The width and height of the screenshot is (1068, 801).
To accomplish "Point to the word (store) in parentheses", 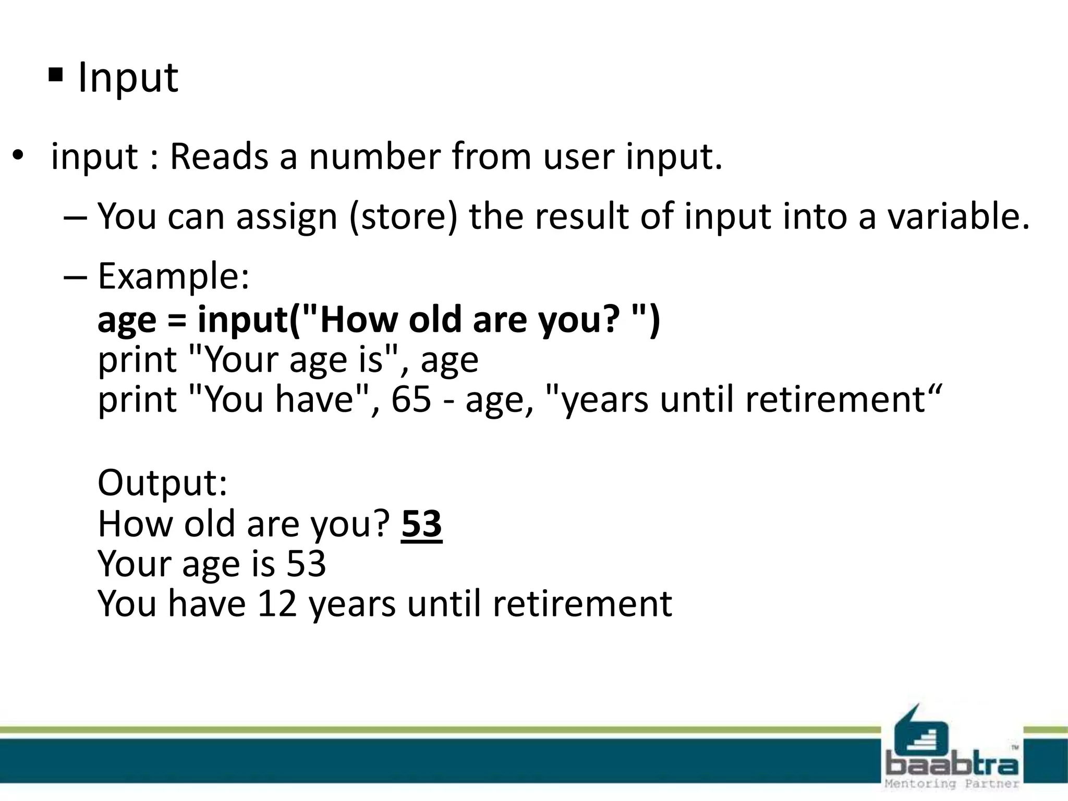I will (403, 216).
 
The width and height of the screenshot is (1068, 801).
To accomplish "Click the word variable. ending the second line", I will (958, 216).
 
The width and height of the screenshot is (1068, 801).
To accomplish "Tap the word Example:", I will (174, 276).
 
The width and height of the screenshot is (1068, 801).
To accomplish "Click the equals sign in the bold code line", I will (177, 320).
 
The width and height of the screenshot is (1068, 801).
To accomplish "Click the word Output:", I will (163, 482).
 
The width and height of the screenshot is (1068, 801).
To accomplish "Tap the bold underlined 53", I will (421, 524).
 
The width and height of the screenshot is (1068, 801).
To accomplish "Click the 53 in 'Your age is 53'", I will (306, 564).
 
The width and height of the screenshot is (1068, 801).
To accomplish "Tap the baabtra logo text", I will (952, 765).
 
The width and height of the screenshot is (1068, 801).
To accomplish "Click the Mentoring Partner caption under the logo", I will (952, 783).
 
